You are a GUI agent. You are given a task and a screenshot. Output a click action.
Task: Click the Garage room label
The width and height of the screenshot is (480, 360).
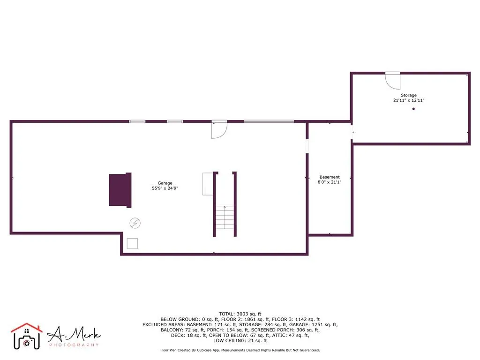165,183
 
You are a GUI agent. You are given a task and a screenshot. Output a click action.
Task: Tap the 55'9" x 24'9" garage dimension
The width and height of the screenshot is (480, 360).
165,188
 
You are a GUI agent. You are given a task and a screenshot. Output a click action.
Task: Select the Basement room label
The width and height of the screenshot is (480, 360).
330,177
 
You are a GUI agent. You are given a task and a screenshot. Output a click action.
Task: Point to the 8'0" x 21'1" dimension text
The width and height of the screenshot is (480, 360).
330,182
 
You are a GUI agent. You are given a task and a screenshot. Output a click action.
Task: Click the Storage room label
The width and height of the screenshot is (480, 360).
408,95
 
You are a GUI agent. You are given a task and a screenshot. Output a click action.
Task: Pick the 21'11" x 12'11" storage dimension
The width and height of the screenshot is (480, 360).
408,100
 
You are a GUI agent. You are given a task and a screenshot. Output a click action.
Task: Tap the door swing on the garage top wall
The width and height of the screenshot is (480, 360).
219,130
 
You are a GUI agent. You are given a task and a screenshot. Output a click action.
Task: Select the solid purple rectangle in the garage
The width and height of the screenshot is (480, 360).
120,190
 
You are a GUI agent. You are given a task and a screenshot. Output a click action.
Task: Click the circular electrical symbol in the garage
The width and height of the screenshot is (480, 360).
135,223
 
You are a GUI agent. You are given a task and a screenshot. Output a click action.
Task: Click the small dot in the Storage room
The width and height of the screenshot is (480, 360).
413,109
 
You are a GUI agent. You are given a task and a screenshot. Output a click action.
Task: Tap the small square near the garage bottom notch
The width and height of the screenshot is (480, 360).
133,243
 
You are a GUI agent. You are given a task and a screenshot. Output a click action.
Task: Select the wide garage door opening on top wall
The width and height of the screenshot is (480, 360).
269,121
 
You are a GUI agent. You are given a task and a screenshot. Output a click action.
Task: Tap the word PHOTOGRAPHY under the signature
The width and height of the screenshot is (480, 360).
74,345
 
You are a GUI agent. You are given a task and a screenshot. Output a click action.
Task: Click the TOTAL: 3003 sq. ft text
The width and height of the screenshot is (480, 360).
240,314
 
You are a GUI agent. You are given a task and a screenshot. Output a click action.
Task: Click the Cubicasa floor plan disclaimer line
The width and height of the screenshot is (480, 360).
240,350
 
